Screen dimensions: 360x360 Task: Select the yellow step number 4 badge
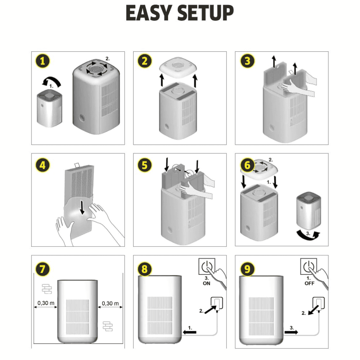[x=43, y=165]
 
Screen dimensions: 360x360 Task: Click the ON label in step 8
[x=206, y=283]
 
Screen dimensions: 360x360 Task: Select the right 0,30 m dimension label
[x=110, y=303]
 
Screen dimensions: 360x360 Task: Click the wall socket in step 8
[x=217, y=303]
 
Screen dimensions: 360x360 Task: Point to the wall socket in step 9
[x=319, y=303]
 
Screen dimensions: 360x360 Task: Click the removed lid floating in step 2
[x=178, y=68]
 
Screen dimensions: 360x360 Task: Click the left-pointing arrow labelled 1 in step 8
[x=190, y=332]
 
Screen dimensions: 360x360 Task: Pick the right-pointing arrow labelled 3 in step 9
[x=292, y=332]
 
